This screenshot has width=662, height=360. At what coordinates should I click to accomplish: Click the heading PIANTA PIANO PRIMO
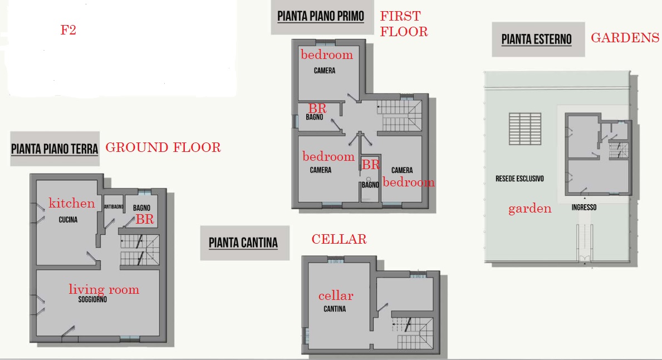click(x=321, y=17)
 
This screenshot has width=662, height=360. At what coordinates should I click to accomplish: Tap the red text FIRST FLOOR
click(x=404, y=23)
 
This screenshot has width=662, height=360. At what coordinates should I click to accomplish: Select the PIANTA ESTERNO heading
click(x=536, y=40)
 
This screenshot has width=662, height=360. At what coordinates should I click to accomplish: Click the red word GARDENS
click(x=625, y=38)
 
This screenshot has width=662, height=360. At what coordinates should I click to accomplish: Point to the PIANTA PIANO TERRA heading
click(x=55, y=149)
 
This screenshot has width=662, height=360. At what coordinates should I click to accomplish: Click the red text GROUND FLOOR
click(x=163, y=147)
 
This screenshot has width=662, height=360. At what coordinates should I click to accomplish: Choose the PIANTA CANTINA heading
click(x=243, y=243)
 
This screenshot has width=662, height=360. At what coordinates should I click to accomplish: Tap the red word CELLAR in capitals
click(x=339, y=239)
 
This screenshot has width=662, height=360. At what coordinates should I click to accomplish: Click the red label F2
click(x=68, y=30)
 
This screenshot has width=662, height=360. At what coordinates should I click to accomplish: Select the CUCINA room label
click(x=68, y=219)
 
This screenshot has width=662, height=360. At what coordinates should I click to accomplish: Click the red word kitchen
click(x=72, y=203)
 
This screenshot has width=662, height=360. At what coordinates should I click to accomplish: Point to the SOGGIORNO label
click(x=92, y=300)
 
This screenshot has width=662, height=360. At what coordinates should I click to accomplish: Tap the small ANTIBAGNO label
click(x=114, y=207)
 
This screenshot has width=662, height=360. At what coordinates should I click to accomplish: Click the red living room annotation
click(x=104, y=289)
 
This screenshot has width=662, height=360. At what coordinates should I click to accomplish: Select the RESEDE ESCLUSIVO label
click(x=519, y=179)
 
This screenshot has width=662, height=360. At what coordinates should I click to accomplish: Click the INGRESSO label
click(x=584, y=207)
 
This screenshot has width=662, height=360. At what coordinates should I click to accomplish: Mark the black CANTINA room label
click(x=335, y=309)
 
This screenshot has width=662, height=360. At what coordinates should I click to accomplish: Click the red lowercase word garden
click(x=530, y=209)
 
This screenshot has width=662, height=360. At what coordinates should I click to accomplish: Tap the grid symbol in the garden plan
click(x=525, y=129)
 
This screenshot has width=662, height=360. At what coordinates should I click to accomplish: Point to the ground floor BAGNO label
click(x=141, y=208)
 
